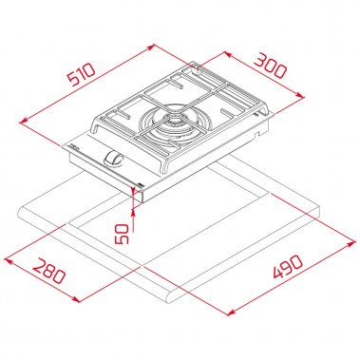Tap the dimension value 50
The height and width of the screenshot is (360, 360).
120,233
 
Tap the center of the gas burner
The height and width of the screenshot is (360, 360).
175,124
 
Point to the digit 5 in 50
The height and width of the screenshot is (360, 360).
120,238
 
